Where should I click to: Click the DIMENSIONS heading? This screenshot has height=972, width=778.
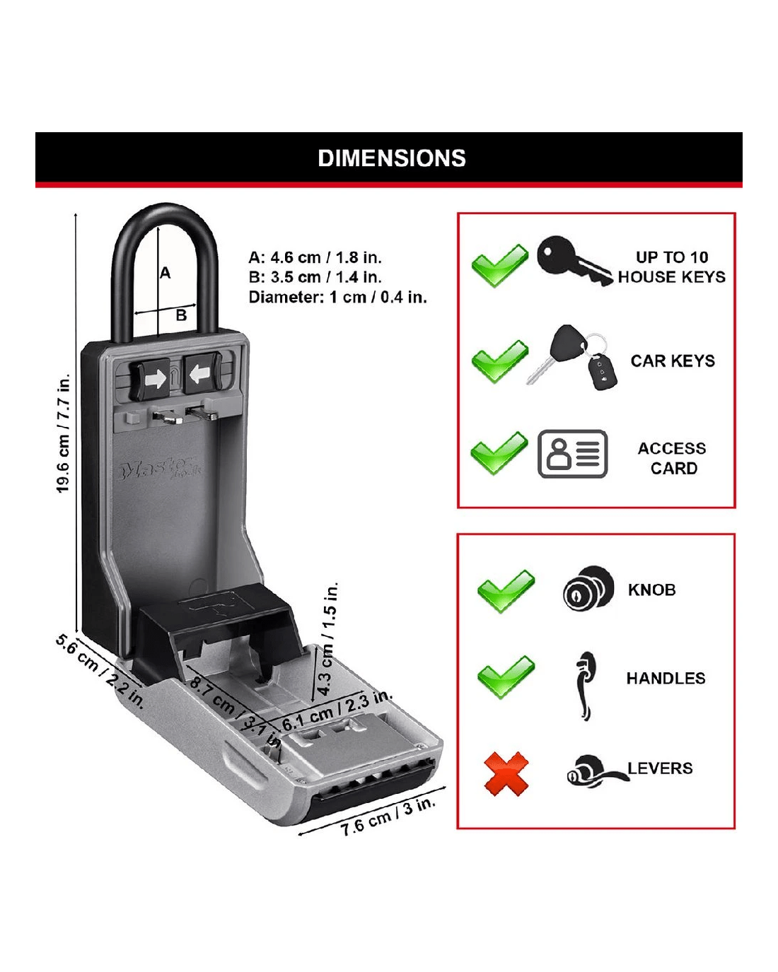(x=392, y=158)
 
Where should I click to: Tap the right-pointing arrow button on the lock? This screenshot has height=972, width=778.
(x=155, y=379)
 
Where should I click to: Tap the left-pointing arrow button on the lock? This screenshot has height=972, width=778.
(x=200, y=375)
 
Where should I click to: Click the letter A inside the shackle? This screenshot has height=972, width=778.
(x=166, y=272)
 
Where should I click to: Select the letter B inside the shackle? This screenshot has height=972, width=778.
(x=181, y=315)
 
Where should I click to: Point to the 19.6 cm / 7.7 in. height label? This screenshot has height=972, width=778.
(x=64, y=433)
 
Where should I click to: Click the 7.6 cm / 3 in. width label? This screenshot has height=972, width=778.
(x=388, y=817)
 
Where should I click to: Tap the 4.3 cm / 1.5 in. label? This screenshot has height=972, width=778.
(x=327, y=639)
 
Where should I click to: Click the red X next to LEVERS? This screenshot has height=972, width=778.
(x=506, y=773)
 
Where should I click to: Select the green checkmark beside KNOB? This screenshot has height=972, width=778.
(x=506, y=590)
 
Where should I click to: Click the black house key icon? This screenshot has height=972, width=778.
(x=573, y=260)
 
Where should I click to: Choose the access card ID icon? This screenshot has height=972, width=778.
(x=573, y=454)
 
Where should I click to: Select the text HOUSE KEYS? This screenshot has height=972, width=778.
(x=671, y=277)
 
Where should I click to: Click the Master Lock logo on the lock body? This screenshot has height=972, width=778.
(x=161, y=469)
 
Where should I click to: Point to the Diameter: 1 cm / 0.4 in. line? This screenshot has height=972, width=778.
(x=337, y=297)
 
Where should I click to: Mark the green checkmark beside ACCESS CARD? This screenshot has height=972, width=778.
(x=499, y=452)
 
